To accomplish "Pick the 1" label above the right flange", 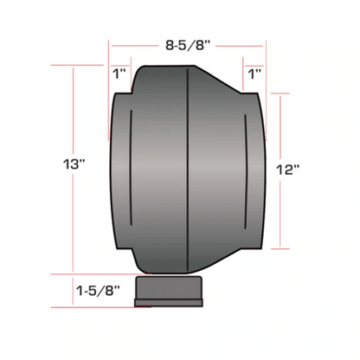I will pos(254,74).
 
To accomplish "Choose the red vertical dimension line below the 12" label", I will pos(284,216).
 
